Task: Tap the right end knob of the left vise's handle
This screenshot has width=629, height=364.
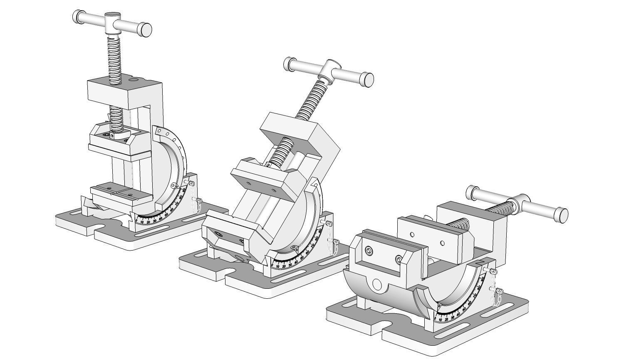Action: click(145, 30)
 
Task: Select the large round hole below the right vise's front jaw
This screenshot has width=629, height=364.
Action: click(377, 284)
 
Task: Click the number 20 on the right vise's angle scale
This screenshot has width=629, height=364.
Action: click(446, 319)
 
